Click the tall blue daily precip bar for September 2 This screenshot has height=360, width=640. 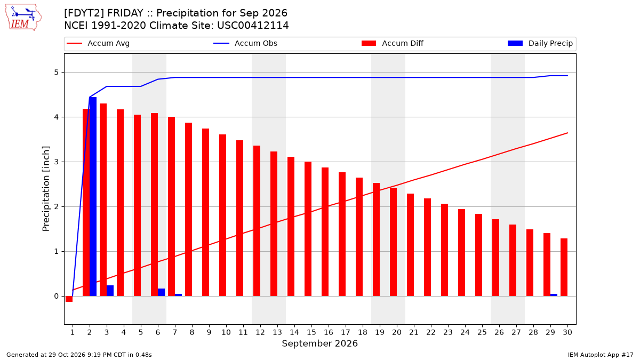(93, 197)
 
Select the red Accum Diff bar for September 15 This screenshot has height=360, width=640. (308, 229)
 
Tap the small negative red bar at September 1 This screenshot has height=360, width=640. (69, 299)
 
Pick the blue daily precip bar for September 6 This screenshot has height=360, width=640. (161, 292)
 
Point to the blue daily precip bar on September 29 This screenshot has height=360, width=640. (554, 295)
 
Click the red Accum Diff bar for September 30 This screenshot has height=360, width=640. (564, 267)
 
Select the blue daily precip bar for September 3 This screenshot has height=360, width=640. (110, 291)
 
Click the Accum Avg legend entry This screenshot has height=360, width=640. (98, 43)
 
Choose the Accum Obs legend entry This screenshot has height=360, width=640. (245, 43)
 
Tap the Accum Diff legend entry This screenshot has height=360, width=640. (393, 43)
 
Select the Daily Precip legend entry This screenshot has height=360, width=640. (540, 43)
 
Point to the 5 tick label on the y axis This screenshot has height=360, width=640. (57, 73)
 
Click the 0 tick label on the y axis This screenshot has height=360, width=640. (57, 297)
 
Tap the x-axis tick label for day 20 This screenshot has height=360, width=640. (397, 332)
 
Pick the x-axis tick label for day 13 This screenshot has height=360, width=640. (277, 332)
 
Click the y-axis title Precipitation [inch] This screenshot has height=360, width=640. (46, 189)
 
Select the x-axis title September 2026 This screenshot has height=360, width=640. (319, 343)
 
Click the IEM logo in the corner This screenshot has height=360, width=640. (23, 18)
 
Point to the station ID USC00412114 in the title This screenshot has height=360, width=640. (253, 26)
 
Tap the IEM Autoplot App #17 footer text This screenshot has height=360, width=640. (601, 355)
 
